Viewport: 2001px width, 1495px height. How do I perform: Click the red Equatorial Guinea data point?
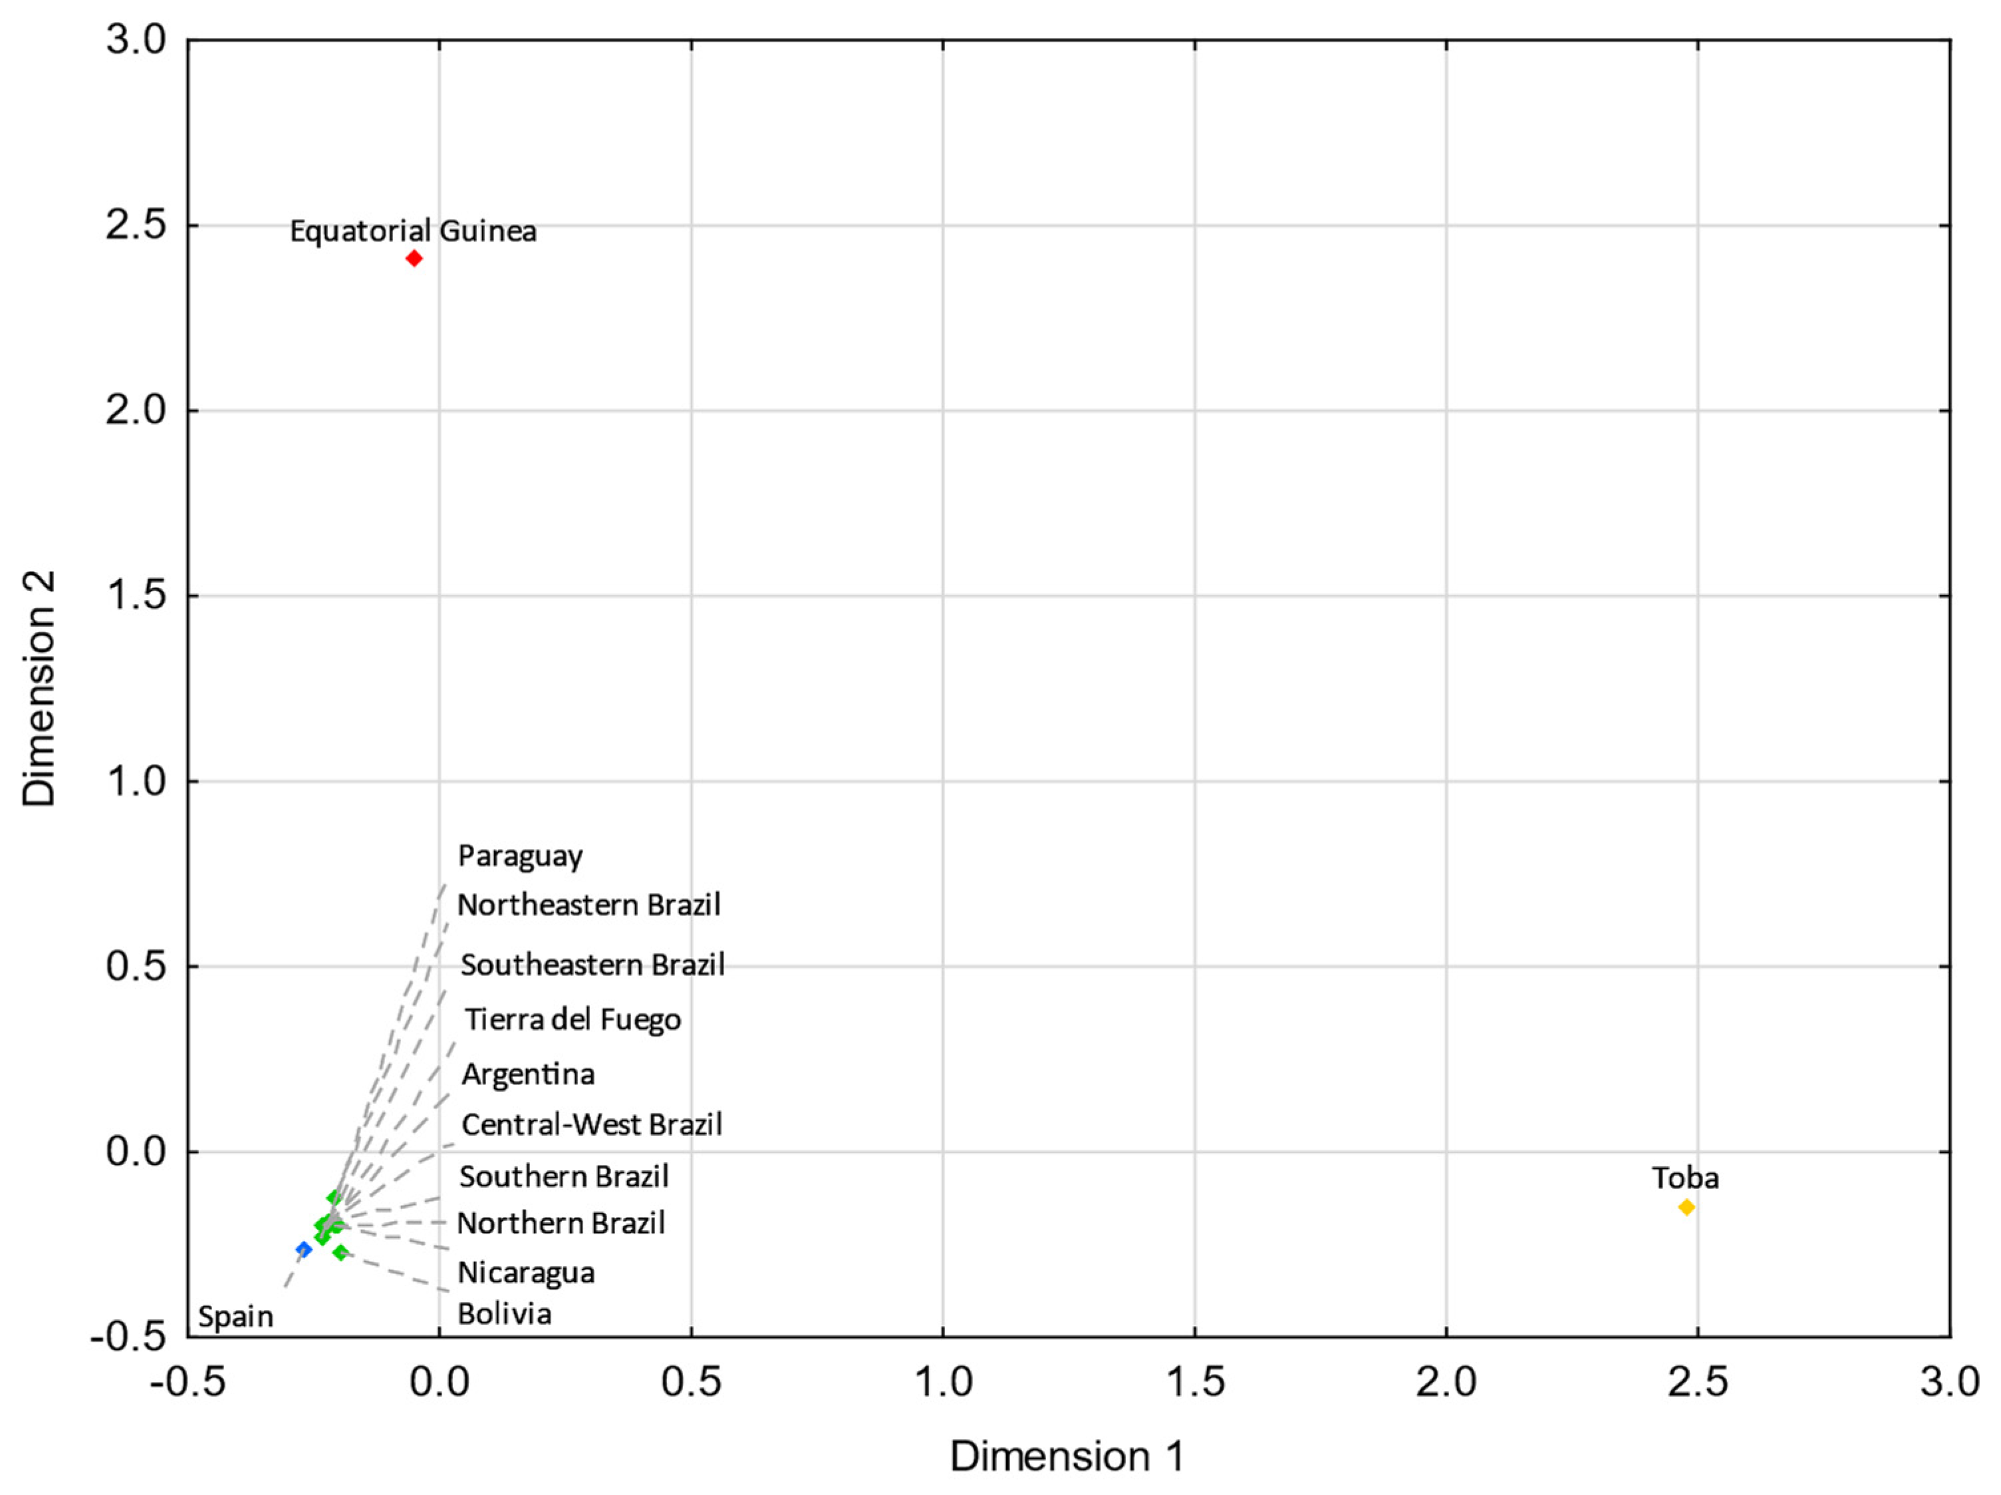(x=414, y=259)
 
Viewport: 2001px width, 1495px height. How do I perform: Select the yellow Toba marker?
(x=1686, y=1207)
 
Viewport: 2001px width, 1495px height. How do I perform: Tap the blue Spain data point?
(x=304, y=1249)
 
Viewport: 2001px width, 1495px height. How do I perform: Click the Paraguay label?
(x=520, y=856)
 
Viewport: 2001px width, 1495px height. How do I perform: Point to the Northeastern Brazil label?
(x=589, y=905)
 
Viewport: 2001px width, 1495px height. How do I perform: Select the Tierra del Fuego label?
(x=573, y=1020)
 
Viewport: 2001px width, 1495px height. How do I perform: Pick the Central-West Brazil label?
(x=592, y=1125)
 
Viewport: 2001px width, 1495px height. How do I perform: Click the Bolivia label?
(x=505, y=1313)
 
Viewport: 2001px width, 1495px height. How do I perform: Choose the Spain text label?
(x=235, y=1317)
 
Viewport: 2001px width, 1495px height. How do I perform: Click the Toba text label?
(x=1685, y=1178)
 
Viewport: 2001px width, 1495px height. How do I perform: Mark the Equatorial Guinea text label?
(x=412, y=232)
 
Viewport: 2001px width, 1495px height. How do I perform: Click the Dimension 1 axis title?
(x=1067, y=1456)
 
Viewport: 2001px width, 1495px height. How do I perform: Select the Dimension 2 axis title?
(x=40, y=688)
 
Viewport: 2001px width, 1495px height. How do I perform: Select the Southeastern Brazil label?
(x=593, y=965)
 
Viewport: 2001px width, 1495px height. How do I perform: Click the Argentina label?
(x=528, y=1075)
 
